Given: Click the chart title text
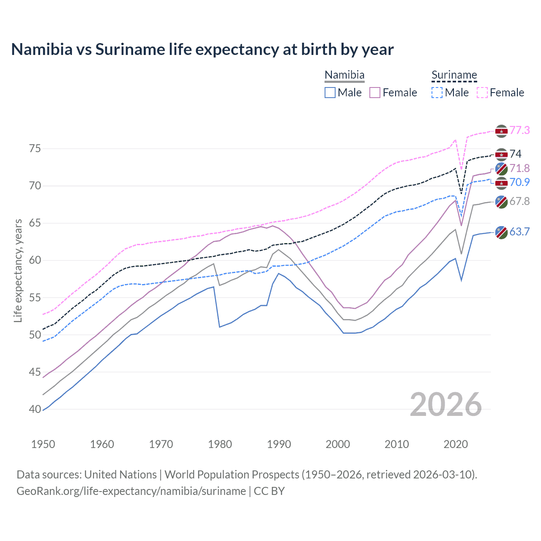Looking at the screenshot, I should pos(202,49).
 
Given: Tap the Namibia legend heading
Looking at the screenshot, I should pos(344,75).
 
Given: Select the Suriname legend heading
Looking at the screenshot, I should pos(454,75).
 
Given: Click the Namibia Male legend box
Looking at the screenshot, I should pos(330,93).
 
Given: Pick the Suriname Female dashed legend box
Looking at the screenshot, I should pos(482,93).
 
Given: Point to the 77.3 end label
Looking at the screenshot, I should pos(519,130).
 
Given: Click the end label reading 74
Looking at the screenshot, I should pos(515,154).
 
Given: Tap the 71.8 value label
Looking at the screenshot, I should pos(519,168).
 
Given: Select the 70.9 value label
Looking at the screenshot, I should pos(519,182).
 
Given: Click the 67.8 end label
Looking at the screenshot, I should pos(519,201).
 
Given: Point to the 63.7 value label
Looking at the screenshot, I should pos(519,232).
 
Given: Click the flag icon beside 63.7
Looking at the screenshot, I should pos(501,232).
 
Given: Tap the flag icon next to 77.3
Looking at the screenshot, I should pos(501,131).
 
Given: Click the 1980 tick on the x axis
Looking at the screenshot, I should pos(220,444).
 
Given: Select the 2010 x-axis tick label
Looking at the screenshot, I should pos(397,444).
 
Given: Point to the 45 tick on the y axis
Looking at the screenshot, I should pos(35,372).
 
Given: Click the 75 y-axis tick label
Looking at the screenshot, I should pos(35,149).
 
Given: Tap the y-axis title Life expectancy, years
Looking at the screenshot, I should pos(18,270).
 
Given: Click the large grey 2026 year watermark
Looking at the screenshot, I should pos(446,404).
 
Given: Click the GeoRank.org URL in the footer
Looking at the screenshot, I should pos(131,491).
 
